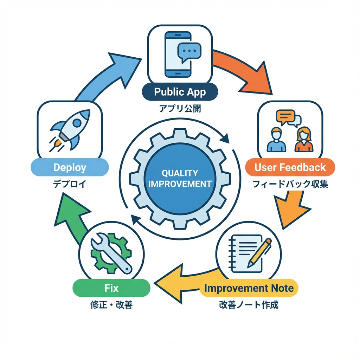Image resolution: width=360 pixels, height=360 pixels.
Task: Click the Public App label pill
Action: pyautogui.click(x=180, y=92)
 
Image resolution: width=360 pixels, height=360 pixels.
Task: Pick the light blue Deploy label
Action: pyautogui.click(x=69, y=167)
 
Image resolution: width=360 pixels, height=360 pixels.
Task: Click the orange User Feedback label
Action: pyautogui.click(x=290, y=167)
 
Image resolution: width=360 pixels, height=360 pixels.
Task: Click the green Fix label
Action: pyautogui.click(x=111, y=288)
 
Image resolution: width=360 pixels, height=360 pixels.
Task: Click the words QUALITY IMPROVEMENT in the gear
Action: pyautogui.click(x=180, y=178)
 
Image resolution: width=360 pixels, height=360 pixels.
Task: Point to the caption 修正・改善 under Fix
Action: pyautogui.click(x=111, y=305)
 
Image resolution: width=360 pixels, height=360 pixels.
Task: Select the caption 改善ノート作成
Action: pyautogui.click(x=248, y=305)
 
